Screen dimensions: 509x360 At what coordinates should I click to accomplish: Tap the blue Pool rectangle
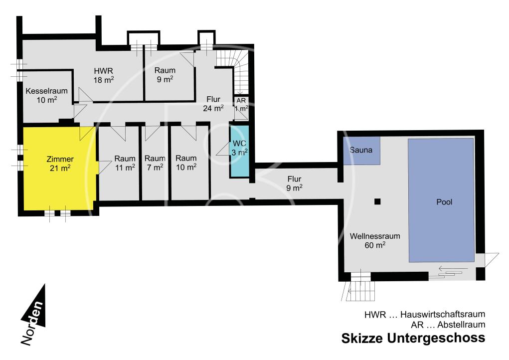pos(441,200)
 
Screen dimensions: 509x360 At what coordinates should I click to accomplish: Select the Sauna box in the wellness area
pos(361,150)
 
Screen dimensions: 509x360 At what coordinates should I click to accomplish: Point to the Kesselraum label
pos(47,95)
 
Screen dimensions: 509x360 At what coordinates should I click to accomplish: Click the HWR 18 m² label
pos(104,75)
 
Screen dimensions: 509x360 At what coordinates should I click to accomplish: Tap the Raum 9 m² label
pos(165,75)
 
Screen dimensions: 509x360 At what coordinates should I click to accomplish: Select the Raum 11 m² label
pos(125,163)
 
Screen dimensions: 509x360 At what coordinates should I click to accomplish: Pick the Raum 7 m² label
pos(155,163)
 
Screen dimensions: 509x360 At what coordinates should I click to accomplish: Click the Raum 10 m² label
pos(186,163)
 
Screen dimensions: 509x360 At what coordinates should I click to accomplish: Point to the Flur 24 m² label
pos(213,104)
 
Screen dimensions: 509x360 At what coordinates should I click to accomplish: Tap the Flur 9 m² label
pos(294,183)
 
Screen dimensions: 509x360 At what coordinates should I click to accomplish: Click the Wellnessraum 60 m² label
pos(375,240)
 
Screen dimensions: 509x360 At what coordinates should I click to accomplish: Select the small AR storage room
pos(241,108)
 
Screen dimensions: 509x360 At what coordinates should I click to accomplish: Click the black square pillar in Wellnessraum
pos(377,201)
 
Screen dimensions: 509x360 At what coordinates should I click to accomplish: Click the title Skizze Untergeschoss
pos(413,338)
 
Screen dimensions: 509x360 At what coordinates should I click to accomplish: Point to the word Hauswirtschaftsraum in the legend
pos(443,314)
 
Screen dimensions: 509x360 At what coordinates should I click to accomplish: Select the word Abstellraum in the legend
pos(461,324)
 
